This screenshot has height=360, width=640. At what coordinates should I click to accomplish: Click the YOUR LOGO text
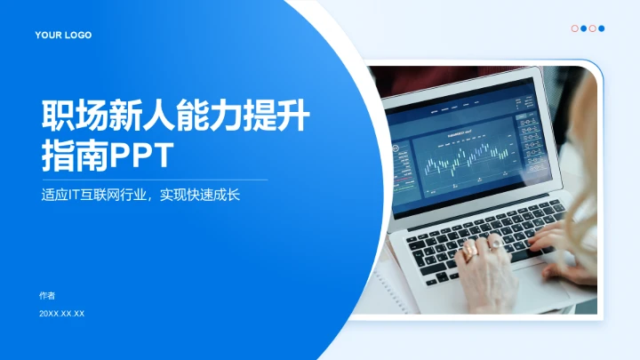coord(63,36)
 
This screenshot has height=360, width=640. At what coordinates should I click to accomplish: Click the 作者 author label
coord(47,295)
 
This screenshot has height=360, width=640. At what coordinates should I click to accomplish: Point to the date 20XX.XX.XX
coord(61,314)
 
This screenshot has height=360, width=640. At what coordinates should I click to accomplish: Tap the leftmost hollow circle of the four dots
coord(574,28)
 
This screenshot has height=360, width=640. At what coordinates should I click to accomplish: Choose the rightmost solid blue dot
coord(602,28)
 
